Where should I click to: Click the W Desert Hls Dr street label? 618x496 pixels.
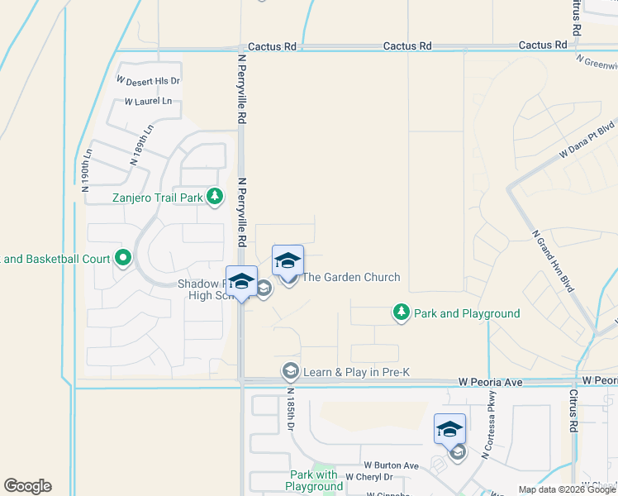(149, 81)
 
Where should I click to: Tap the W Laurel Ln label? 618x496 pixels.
(149, 102)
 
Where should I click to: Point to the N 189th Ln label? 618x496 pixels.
(142, 145)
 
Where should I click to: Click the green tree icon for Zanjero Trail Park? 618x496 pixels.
(215, 197)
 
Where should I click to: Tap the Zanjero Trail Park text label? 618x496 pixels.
(158, 198)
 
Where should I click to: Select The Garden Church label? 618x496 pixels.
(351, 278)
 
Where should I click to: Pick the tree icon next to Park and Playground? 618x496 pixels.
(401, 312)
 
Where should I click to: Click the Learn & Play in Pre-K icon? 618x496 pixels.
(290, 371)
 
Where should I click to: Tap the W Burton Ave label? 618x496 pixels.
(392, 465)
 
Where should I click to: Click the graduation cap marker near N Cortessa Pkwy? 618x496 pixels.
(449, 430)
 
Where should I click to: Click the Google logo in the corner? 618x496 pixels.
(27, 486)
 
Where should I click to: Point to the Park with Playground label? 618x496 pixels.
(314, 480)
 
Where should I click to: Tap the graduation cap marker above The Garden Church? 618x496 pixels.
(288, 261)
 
